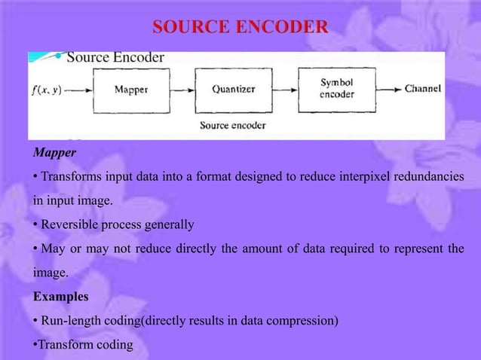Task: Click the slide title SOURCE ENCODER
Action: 240,29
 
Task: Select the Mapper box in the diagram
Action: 130,89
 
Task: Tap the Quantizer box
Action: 232,89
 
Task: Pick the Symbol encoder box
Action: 337,89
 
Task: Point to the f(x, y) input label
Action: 47,89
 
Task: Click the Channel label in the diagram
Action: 423,89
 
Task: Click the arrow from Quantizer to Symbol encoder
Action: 284,89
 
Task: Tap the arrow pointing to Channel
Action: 389,89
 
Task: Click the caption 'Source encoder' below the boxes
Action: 235,125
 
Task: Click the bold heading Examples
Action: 60,297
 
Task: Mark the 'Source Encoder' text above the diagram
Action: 115,57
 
